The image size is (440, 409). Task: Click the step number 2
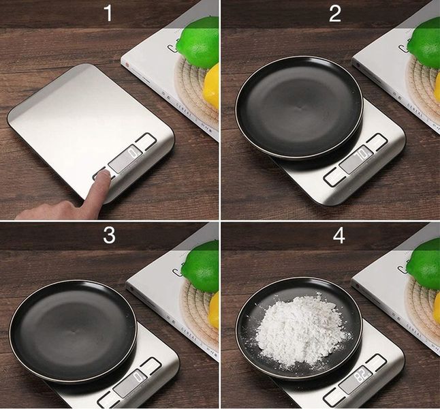(334, 13)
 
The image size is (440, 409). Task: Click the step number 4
(334, 236)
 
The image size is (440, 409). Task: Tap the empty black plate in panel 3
(73, 330)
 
